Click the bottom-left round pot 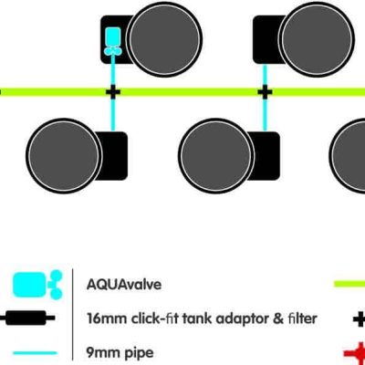60,151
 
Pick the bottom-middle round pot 213,151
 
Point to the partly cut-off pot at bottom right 350,151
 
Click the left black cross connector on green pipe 113,92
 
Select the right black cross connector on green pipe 265,92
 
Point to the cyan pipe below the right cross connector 265,113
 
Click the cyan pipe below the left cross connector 113,113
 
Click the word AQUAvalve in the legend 123,284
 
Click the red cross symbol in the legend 359,351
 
